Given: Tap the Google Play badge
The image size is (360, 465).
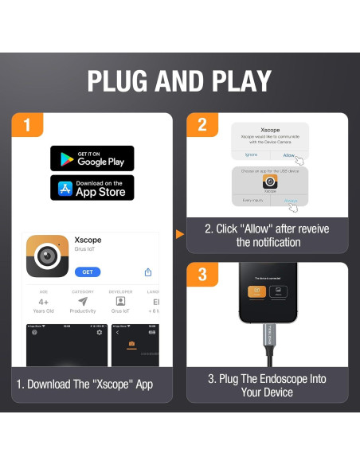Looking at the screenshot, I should point(92,158).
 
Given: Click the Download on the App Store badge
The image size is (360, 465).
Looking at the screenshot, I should point(92,188).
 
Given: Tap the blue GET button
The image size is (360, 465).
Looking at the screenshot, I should point(88,272).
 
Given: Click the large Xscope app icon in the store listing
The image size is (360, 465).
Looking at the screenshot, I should point(47,255).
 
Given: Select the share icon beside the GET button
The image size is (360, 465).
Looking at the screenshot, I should point(148,272).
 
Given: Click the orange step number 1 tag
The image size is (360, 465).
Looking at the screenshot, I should point(28,125).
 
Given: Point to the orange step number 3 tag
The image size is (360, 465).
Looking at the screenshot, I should point(202,274).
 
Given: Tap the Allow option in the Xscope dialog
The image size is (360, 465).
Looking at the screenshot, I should point(288,155).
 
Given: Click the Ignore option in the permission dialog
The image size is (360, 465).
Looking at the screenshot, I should point(250,155).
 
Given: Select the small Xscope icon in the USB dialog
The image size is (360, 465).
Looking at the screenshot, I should point(269,182).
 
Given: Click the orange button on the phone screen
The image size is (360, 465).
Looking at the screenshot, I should point(256,292).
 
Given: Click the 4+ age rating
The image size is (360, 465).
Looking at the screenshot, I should point(43,303).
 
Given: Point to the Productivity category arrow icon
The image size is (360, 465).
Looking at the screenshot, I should point(83,302).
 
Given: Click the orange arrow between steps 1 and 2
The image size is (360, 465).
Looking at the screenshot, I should point(179,234).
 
